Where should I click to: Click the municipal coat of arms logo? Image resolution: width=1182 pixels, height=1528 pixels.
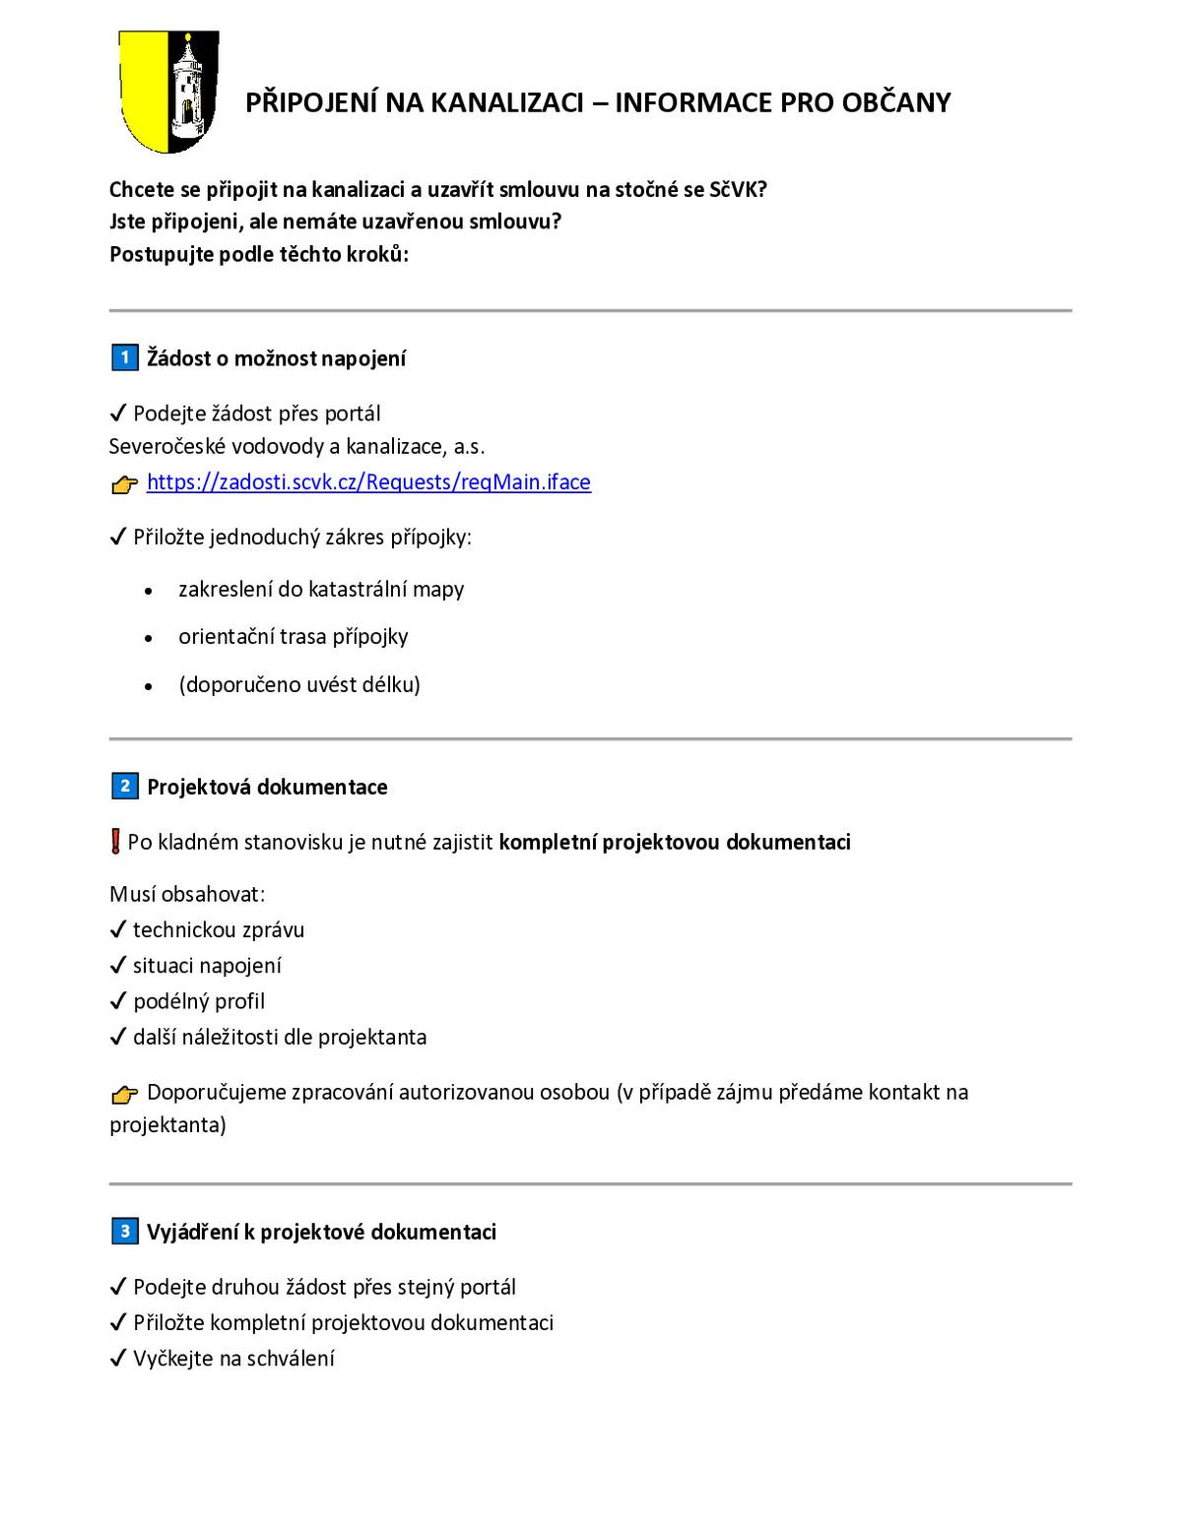coord(167,92)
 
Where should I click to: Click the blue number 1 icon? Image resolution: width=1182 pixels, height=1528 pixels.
coord(124,357)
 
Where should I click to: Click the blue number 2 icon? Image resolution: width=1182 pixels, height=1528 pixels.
coord(124,786)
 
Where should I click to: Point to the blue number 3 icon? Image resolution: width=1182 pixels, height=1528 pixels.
coord(124,1231)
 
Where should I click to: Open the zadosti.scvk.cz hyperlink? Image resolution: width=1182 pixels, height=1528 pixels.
coord(368,481)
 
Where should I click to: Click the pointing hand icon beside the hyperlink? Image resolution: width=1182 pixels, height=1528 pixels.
coord(125,483)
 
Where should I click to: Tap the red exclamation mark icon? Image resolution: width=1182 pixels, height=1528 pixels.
coord(116,842)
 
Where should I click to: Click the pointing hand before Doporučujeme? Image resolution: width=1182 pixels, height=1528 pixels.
coord(125,1093)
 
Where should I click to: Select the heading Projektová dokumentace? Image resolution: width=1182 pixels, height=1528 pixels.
coord(267,787)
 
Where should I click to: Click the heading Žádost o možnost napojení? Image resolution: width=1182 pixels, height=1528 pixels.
coord(276,358)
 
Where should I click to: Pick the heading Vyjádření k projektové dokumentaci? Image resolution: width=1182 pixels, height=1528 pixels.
coord(321,1232)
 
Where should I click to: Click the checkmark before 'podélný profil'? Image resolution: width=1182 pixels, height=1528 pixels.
coord(118,1001)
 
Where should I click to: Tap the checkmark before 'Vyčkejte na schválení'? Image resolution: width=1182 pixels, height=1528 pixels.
coord(118,1359)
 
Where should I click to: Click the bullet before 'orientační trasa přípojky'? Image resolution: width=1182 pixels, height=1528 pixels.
coord(149,638)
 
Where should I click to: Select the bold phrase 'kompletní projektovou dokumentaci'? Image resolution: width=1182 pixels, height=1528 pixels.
coord(675,842)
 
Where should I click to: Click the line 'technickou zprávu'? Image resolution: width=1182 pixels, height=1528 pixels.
coord(219,929)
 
